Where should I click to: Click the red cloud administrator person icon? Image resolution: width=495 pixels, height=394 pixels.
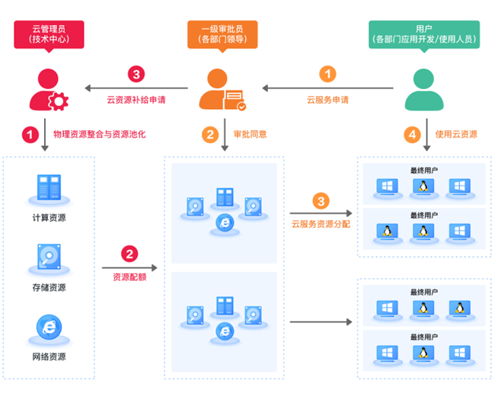tap(45, 89)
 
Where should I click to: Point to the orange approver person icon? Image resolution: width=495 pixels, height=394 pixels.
tap(222, 89)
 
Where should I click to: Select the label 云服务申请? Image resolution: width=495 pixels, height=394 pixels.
tap(327, 99)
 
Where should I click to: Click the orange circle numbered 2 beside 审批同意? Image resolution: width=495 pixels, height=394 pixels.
tap(209, 134)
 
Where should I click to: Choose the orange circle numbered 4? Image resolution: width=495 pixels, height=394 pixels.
tap(412, 134)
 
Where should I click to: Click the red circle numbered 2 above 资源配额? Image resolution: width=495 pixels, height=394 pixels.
tap(129, 255)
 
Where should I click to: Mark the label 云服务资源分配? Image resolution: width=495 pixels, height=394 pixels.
tap(321, 225)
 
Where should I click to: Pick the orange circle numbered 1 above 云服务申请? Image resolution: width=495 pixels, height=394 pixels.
tap(327, 74)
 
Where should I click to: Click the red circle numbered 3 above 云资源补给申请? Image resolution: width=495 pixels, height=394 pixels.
tap(136, 74)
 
